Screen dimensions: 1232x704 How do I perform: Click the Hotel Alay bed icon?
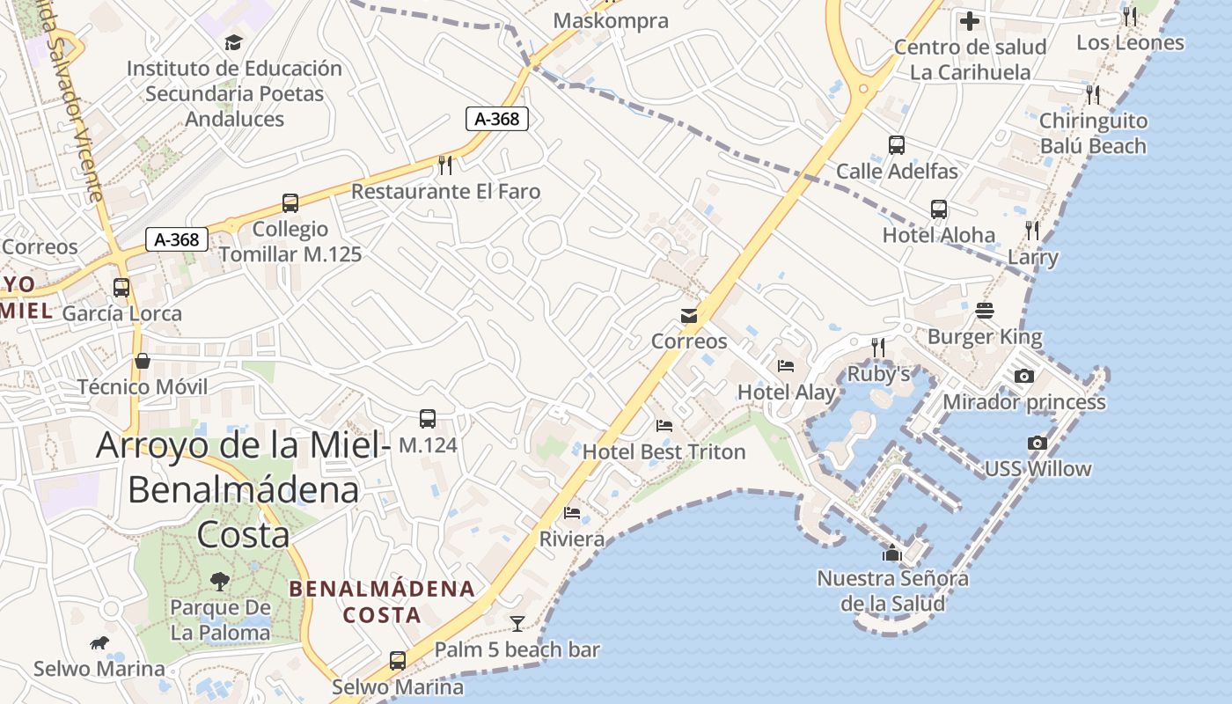click(x=786, y=366)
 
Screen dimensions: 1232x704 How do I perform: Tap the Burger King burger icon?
click(x=984, y=311)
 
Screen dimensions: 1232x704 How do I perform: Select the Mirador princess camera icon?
click(x=1023, y=377)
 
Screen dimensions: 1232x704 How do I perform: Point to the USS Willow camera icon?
click(x=1038, y=443)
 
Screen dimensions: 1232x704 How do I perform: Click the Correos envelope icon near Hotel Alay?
click(x=688, y=316)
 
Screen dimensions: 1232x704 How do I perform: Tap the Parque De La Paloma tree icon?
click(x=219, y=581)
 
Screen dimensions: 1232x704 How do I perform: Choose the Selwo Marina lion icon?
click(x=99, y=643)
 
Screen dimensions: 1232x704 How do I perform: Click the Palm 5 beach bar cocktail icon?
click(x=517, y=624)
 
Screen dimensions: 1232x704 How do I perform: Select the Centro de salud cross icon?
click(x=970, y=21)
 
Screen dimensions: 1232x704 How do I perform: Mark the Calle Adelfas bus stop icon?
click(x=897, y=145)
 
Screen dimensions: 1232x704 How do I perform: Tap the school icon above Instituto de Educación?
click(x=233, y=42)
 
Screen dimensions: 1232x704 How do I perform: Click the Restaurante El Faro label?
click(x=445, y=191)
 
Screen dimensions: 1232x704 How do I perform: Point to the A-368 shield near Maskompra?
click(x=496, y=119)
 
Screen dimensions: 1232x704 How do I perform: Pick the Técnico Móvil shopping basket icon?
click(x=142, y=361)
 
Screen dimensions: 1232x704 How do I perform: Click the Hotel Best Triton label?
click(x=664, y=451)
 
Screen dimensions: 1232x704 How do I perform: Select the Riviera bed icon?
click(x=572, y=513)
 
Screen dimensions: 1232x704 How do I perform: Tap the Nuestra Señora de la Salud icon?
click(x=892, y=554)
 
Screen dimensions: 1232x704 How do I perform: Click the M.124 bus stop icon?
click(x=428, y=419)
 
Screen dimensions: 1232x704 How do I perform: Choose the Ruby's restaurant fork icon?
click(x=877, y=348)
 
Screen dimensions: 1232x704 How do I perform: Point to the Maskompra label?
click(x=611, y=20)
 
